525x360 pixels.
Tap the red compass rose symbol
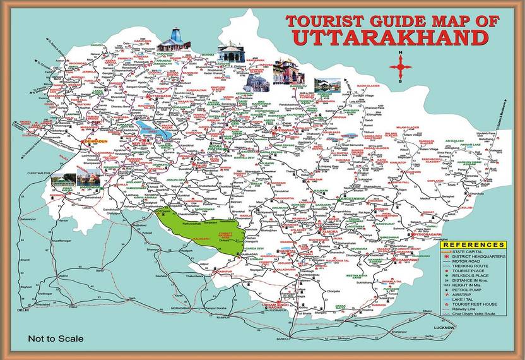[x=400, y=66]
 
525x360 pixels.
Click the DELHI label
[x=23, y=310]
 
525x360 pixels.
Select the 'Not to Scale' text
[x=56, y=339]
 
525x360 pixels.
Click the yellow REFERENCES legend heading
[x=473, y=244]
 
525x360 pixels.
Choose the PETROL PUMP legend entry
[x=469, y=289]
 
